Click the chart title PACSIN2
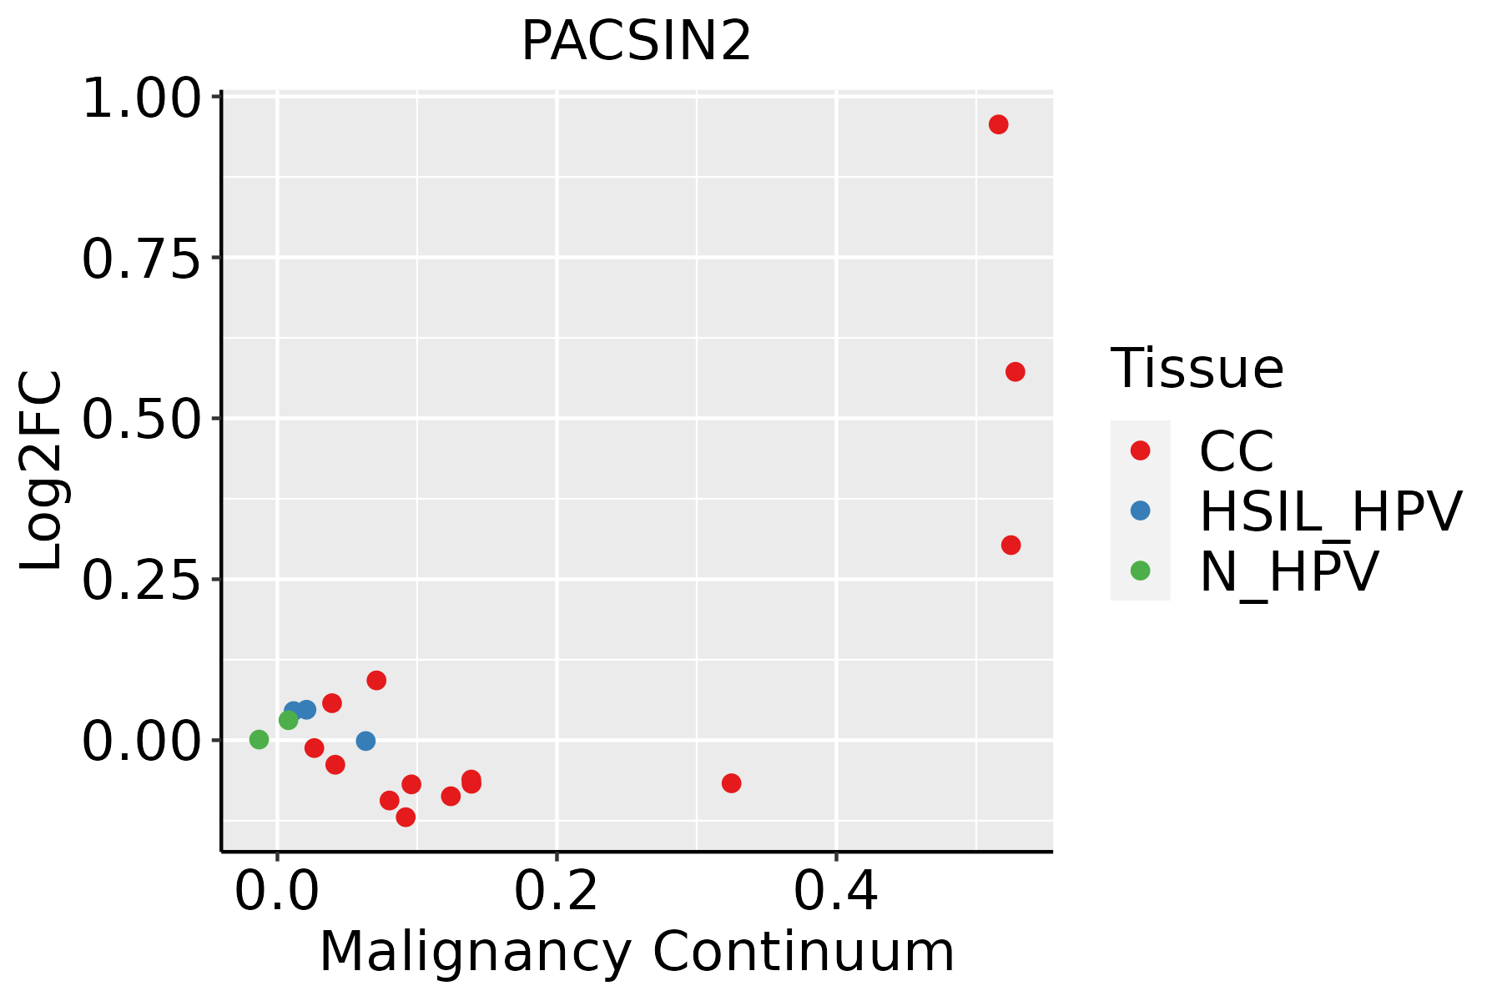pyautogui.click(x=636, y=42)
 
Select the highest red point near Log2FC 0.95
pyautogui.click(x=998, y=124)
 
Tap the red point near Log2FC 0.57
pyautogui.click(x=1015, y=371)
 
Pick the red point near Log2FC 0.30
pyautogui.click(x=1011, y=545)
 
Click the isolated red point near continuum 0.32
pyautogui.click(x=731, y=782)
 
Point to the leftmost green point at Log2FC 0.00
pyautogui.click(x=259, y=739)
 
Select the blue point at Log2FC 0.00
pyautogui.click(x=365, y=741)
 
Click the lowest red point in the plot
pyautogui.click(x=406, y=817)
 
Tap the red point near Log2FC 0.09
pyautogui.click(x=376, y=680)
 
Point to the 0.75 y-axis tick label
pyautogui.click(x=142, y=259)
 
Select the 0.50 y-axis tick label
pyautogui.click(x=142, y=420)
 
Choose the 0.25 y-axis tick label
pyautogui.click(x=142, y=581)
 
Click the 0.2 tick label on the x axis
pyautogui.click(x=556, y=892)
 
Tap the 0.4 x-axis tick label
pyautogui.click(x=835, y=892)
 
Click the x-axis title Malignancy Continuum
pyautogui.click(x=636, y=952)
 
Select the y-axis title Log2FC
pyautogui.click(x=42, y=471)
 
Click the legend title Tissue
pyautogui.click(x=1197, y=368)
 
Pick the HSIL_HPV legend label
pyautogui.click(x=1330, y=511)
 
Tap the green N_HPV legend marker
pyautogui.click(x=1140, y=571)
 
